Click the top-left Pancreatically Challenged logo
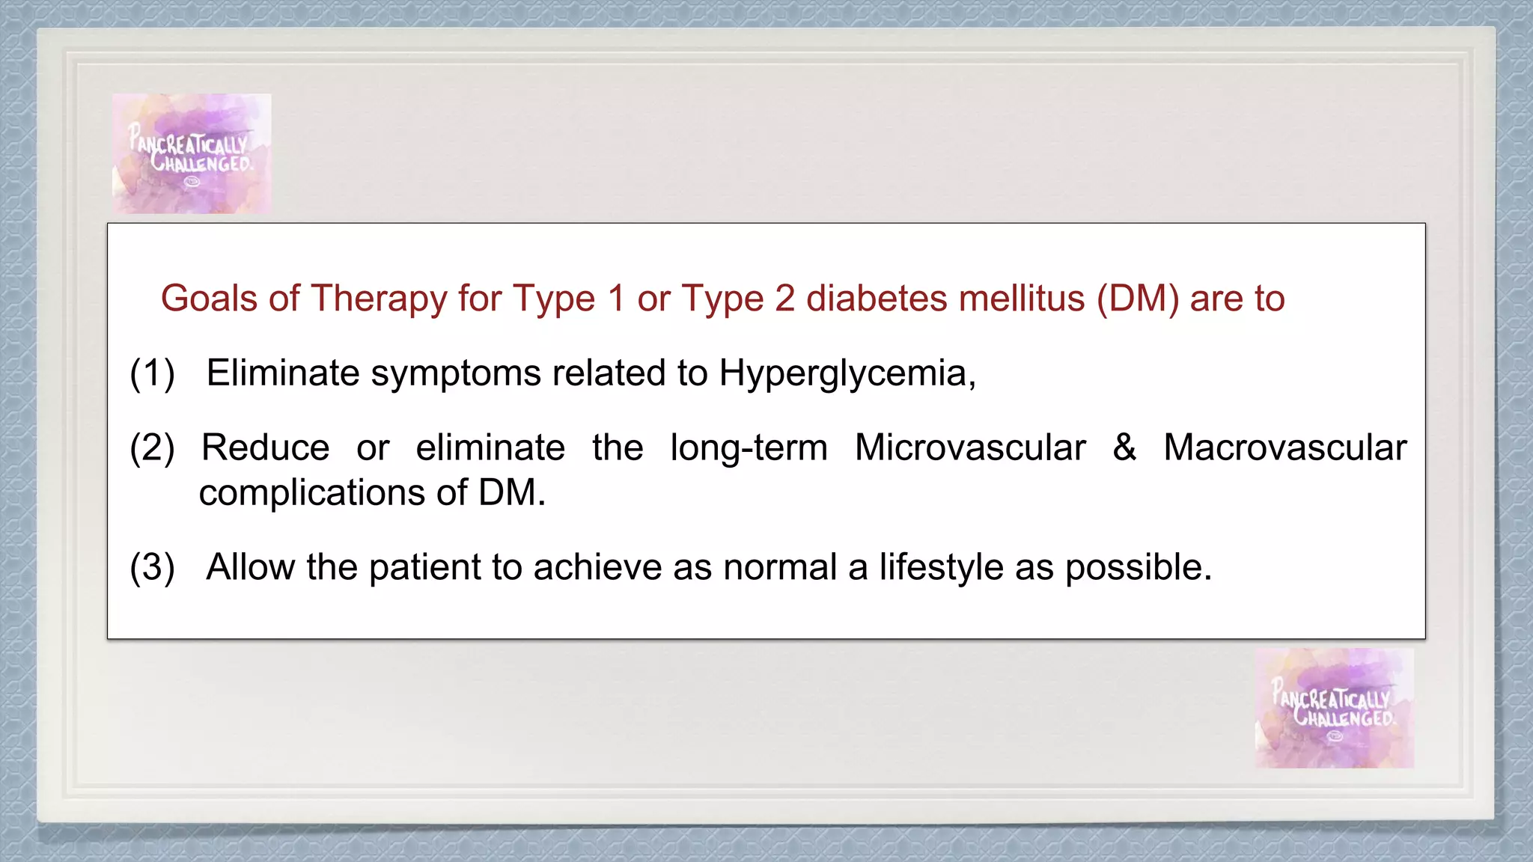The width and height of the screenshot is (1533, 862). coord(192,153)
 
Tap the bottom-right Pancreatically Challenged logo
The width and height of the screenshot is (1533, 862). coord(1335,708)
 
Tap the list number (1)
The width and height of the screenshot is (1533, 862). coord(152,373)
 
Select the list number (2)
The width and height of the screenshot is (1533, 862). coord(152,447)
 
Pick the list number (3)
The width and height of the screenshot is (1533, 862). coord(152,567)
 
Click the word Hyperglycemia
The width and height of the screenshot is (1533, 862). coord(847,374)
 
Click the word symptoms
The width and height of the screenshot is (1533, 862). coord(455,374)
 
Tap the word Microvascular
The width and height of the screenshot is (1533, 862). coord(970,447)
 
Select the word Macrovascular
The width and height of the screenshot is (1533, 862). coord(1285,447)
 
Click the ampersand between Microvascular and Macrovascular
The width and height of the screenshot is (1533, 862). coord(1124,447)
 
